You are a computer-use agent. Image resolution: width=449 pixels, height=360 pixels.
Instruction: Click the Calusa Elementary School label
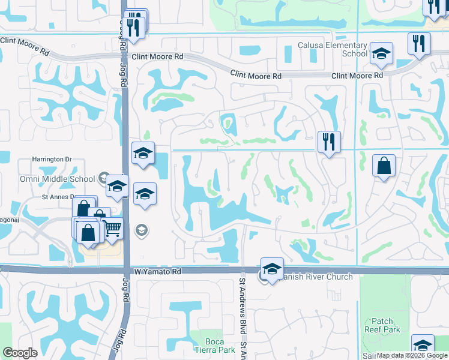click(x=333, y=49)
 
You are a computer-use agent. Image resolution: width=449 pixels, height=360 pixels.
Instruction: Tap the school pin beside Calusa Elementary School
click(x=381, y=54)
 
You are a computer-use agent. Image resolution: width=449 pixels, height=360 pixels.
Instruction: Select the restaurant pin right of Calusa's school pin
click(x=419, y=44)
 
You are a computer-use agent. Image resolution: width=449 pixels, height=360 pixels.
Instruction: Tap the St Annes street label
click(x=58, y=196)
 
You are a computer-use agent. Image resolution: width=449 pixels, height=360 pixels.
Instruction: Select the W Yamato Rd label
click(x=157, y=272)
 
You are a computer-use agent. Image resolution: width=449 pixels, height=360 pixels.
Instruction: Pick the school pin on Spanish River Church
click(x=272, y=269)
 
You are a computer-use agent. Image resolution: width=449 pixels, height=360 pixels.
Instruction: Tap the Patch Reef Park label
click(x=382, y=325)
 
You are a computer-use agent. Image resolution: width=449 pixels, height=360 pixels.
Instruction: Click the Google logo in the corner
click(x=20, y=353)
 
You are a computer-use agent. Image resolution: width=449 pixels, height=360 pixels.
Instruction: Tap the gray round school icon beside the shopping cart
click(x=141, y=229)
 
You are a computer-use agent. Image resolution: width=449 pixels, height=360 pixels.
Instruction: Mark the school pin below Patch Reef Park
click(x=423, y=346)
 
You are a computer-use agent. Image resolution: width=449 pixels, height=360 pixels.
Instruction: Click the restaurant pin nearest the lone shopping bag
click(x=329, y=143)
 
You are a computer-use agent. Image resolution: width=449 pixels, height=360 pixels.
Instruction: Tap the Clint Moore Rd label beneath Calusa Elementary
click(x=357, y=76)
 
